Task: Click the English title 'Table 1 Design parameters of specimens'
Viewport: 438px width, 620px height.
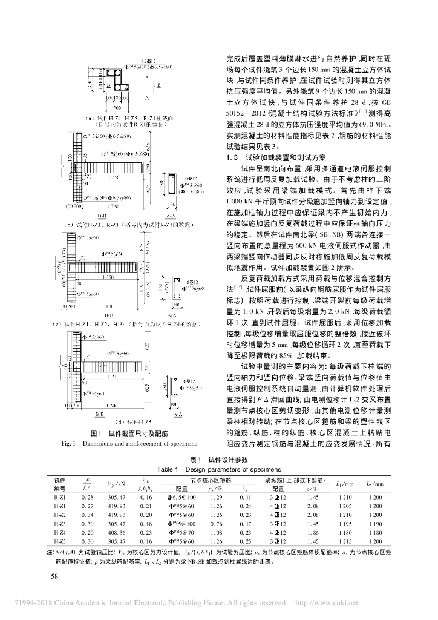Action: coord(218,469)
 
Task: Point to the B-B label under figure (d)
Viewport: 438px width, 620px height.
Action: coord(99,414)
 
